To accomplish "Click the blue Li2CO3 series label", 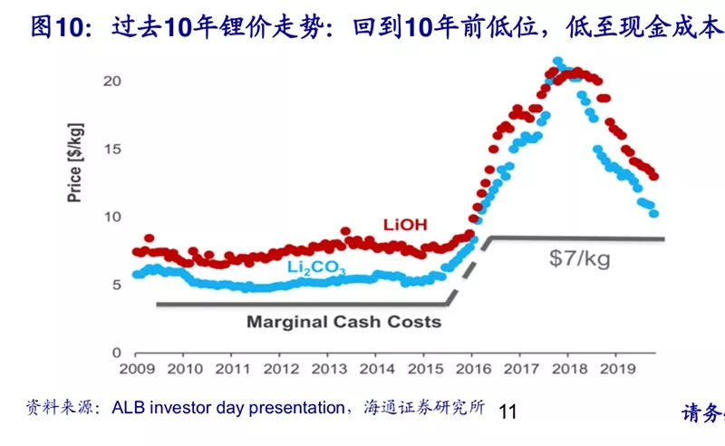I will [316, 267].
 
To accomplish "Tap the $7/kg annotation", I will [579, 259].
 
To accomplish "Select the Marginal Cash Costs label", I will [344, 322].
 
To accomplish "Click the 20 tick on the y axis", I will [112, 81].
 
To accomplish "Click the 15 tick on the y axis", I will [112, 149].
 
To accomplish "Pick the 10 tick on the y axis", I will [112, 217].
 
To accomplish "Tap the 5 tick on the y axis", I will [117, 285].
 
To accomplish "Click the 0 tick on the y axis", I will [117, 352].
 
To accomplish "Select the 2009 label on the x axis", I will [136, 369].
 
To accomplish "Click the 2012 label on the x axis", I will [281, 369].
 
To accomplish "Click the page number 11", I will [507, 412].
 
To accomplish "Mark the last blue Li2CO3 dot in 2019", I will [653, 213].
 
